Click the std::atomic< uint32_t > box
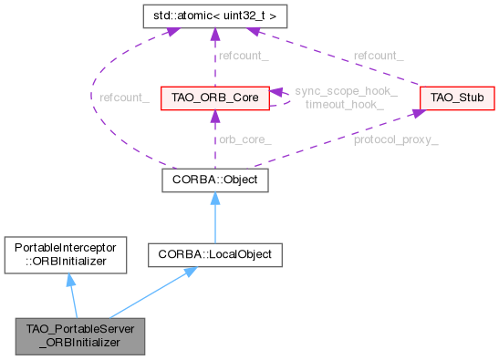pyautogui.click(x=213, y=15)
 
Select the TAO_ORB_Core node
pyautogui.click(x=213, y=97)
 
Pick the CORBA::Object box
pyautogui.click(x=213, y=180)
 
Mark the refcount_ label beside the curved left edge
pyautogui.click(x=125, y=98)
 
